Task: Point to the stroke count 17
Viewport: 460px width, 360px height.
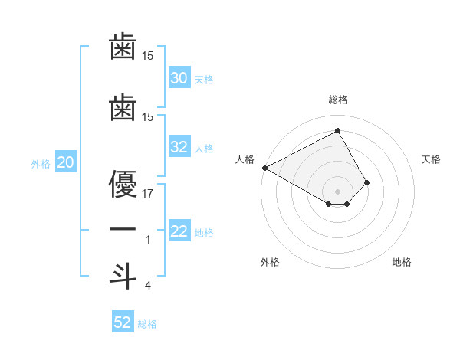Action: (x=148, y=193)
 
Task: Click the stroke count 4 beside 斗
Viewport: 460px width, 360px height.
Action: (x=148, y=286)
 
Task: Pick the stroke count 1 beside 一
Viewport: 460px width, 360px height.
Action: (x=148, y=241)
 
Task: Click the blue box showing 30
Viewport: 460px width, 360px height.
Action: (x=179, y=78)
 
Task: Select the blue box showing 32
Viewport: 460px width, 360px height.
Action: (x=179, y=148)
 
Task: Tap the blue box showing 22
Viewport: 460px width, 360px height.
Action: (x=179, y=231)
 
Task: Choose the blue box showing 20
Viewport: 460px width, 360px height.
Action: (x=66, y=163)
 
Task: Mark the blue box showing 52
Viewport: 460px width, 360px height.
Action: (x=123, y=322)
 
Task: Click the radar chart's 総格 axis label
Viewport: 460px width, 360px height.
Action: (x=338, y=100)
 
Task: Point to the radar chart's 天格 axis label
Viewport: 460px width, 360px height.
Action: (x=432, y=159)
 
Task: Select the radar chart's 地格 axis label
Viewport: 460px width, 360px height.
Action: (x=402, y=262)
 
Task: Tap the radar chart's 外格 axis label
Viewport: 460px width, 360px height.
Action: (x=270, y=262)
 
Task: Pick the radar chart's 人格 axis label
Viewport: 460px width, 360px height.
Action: (x=245, y=159)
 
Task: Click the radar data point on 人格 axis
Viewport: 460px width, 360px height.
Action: (x=264, y=168)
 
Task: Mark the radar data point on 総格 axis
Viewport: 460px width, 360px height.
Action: (x=337, y=130)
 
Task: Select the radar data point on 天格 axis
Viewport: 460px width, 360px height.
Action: (x=367, y=182)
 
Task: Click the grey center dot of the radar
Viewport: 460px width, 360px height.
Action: (x=337, y=191)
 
